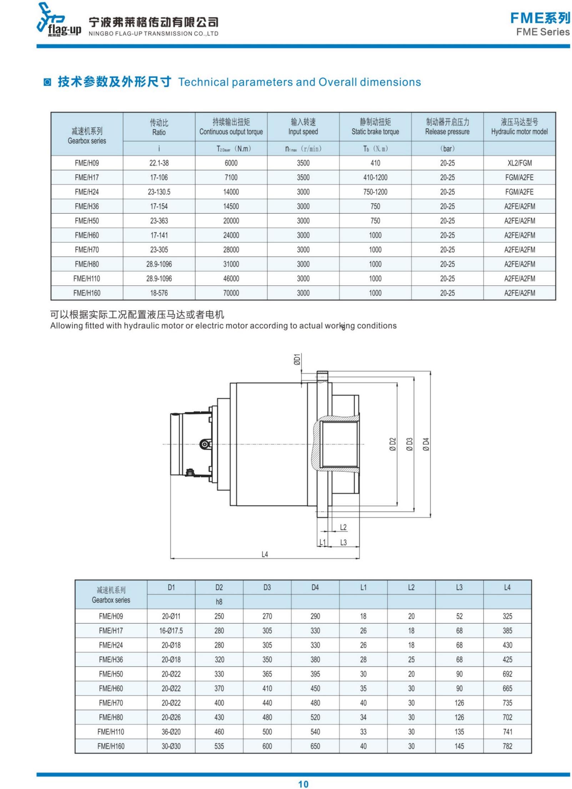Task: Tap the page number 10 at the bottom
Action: pos(303,784)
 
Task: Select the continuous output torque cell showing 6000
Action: pos(231,163)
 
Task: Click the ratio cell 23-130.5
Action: pos(159,192)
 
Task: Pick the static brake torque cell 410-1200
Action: pos(375,177)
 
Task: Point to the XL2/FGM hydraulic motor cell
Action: pos(519,163)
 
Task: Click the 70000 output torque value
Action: pos(231,293)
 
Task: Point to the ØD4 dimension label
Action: pos(426,444)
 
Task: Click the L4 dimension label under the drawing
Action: pos(265,554)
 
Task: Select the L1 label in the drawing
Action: pos(322,542)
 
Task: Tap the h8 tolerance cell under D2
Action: pos(219,602)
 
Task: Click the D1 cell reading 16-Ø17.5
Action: pos(171,630)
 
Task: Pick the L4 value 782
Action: pos(507,746)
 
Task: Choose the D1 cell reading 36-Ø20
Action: pos(171,732)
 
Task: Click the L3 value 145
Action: pos(459,746)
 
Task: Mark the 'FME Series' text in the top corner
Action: pos(542,32)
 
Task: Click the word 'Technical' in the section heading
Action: pos(203,82)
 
